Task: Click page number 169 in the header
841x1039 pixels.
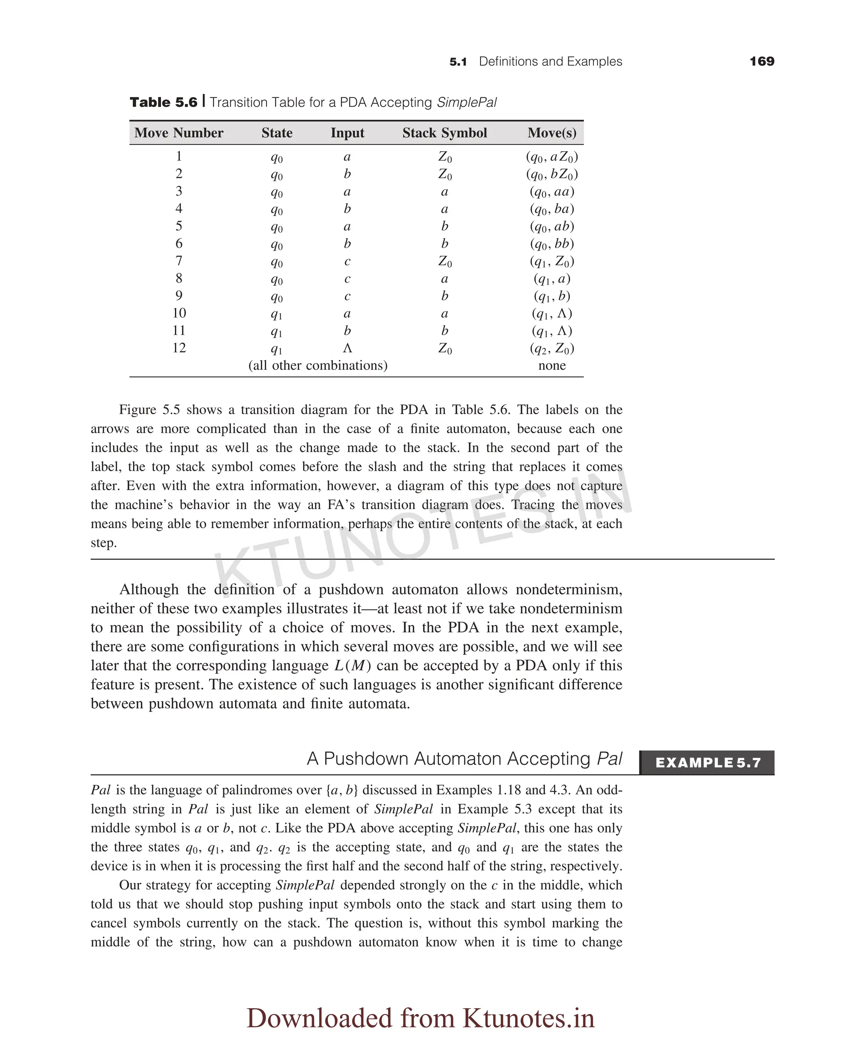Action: [x=762, y=62]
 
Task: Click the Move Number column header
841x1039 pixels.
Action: [x=179, y=133]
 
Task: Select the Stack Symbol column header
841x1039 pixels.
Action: [x=444, y=133]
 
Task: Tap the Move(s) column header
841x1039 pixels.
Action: [x=552, y=133]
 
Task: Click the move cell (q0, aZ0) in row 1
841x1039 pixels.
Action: [x=552, y=157]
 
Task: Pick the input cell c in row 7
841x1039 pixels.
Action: [x=347, y=262]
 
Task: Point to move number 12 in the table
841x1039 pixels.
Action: [x=179, y=348]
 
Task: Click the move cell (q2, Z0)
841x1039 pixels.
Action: [x=552, y=349]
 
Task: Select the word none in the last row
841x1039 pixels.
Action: [x=552, y=365]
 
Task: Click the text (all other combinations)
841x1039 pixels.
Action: [x=318, y=365]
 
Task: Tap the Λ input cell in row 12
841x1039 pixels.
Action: [x=347, y=348]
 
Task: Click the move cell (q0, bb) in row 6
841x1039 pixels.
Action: [x=552, y=244]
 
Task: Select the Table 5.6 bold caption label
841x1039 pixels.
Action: [x=164, y=102]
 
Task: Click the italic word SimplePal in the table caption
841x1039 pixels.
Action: [x=466, y=103]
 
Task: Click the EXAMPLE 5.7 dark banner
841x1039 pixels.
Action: [x=707, y=763]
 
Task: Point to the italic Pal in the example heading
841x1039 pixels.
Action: [x=609, y=759]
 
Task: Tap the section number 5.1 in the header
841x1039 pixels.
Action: [x=458, y=62]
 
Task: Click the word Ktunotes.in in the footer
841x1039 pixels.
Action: [x=528, y=1018]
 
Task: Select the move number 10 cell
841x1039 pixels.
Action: [x=179, y=313]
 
